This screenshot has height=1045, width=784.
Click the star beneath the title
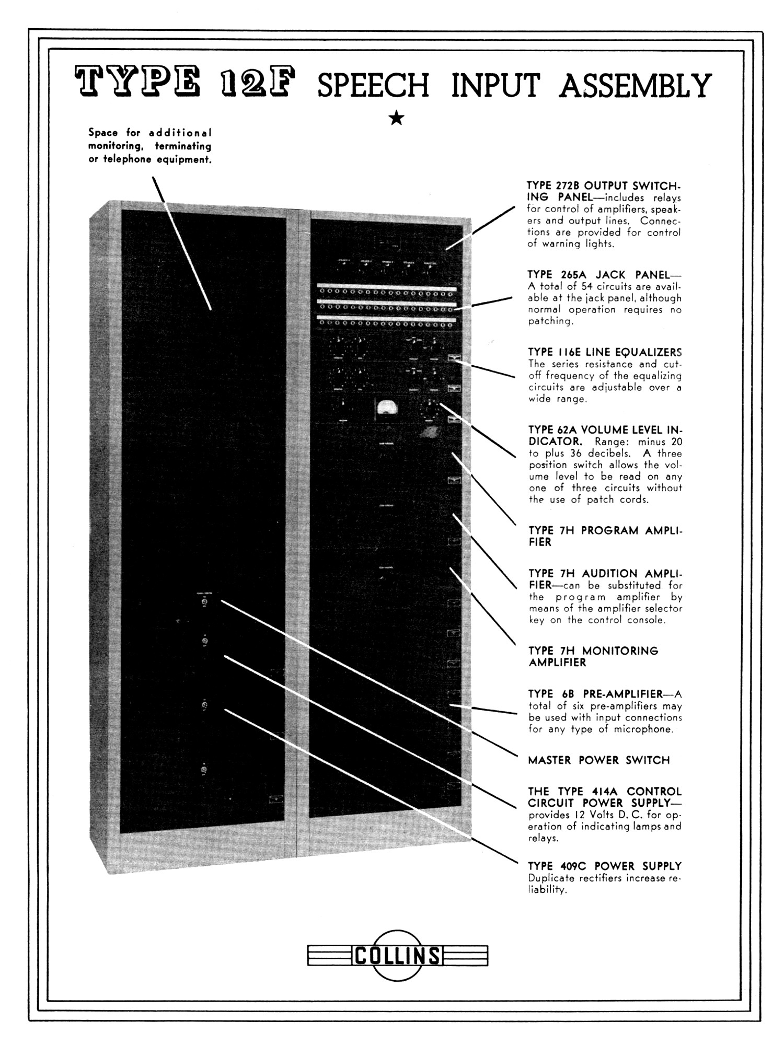coord(397,118)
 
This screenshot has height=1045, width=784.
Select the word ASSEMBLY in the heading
coord(635,85)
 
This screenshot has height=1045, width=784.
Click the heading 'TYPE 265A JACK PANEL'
coord(598,275)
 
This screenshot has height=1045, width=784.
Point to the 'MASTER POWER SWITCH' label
coord(598,760)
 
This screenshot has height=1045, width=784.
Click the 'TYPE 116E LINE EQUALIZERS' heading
coord(605,352)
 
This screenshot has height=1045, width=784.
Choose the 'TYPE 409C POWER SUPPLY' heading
coord(605,866)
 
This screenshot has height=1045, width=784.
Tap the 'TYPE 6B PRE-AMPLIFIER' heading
coord(595,694)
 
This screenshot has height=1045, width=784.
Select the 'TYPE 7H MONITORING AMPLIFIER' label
coord(593,657)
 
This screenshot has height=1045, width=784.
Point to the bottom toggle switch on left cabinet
coord(204,770)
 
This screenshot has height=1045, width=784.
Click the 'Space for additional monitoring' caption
coord(149,146)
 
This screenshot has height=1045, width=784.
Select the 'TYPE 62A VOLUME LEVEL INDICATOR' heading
coord(605,436)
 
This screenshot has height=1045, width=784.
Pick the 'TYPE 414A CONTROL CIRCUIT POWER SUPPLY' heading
coord(605,797)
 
